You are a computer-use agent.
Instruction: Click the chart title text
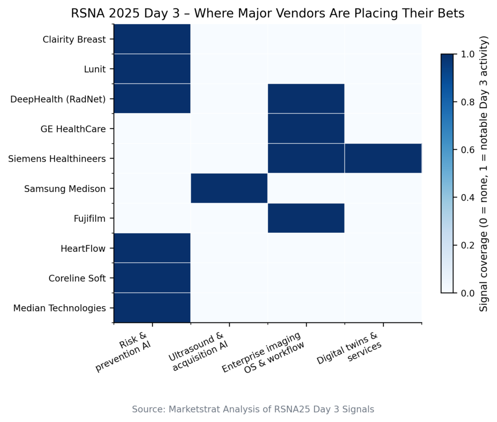click(267, 13)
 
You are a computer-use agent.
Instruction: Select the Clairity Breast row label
click(74, 39)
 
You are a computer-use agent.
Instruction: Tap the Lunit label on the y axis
click(95, 69)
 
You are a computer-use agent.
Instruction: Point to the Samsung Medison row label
click(65, 189)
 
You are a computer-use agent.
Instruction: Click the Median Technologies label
click(60, 308)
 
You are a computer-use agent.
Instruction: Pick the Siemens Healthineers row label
click(57, 159)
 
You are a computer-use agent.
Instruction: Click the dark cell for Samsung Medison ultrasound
click(229, 188)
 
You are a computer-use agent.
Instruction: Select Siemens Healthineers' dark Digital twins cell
click(383, 158)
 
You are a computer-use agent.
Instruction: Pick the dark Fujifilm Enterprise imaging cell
click(306, 218)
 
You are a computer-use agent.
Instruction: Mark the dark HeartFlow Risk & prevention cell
click(152, 248)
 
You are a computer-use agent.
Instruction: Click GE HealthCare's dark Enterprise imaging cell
click(306, 129)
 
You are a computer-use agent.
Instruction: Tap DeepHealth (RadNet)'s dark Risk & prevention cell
click(152, 98)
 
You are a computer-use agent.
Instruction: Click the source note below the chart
click(253, 409)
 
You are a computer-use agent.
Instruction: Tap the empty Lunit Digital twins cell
click(383, 69)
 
